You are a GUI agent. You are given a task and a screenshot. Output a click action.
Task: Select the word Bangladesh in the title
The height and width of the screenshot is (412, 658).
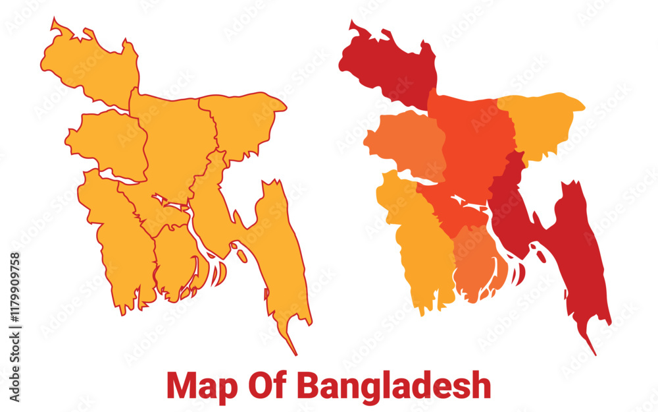point(393,385)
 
